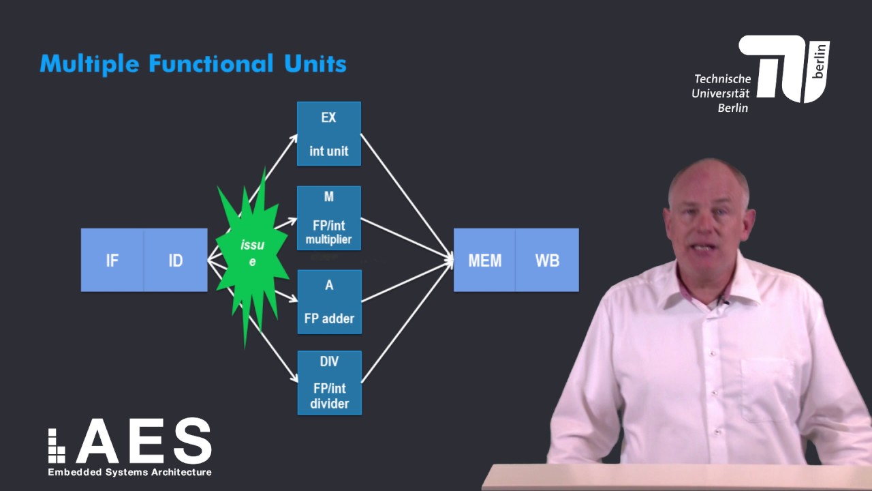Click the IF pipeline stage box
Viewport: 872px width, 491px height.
[x=112, y=260]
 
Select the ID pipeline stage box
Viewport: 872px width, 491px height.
[x=176, y=260]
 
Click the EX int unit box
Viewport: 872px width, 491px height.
[x=329, y=134]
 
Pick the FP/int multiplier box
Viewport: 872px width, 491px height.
[x=329, y=218]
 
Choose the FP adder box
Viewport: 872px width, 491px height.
[x=329, y=301]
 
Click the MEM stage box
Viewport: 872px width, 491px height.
[x=484, y=260]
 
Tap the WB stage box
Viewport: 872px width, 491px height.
[x=547, y=260]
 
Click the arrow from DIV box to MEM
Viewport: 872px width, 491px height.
[x=407, y=321]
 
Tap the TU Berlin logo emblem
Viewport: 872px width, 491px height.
[x=783, y=68]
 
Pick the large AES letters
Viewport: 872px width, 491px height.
[x=143, y=441]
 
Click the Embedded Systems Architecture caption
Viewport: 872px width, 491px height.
[x=129, y=472]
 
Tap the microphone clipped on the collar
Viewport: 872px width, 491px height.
[x=723, y=301]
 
